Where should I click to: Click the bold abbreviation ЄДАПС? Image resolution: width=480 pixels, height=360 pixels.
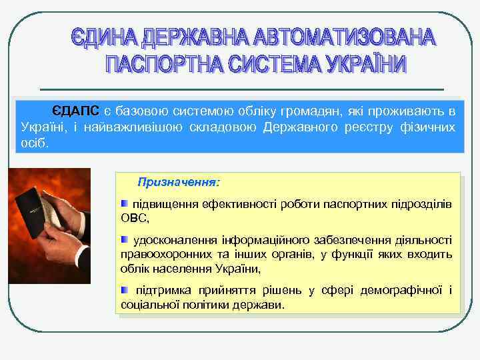tap(75, 110)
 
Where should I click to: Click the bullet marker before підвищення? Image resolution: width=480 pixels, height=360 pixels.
tap(125, 202)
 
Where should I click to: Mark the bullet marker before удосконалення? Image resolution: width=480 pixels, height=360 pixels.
tap(125, 239)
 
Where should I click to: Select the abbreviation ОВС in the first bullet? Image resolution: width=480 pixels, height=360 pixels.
tap(134, 218)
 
